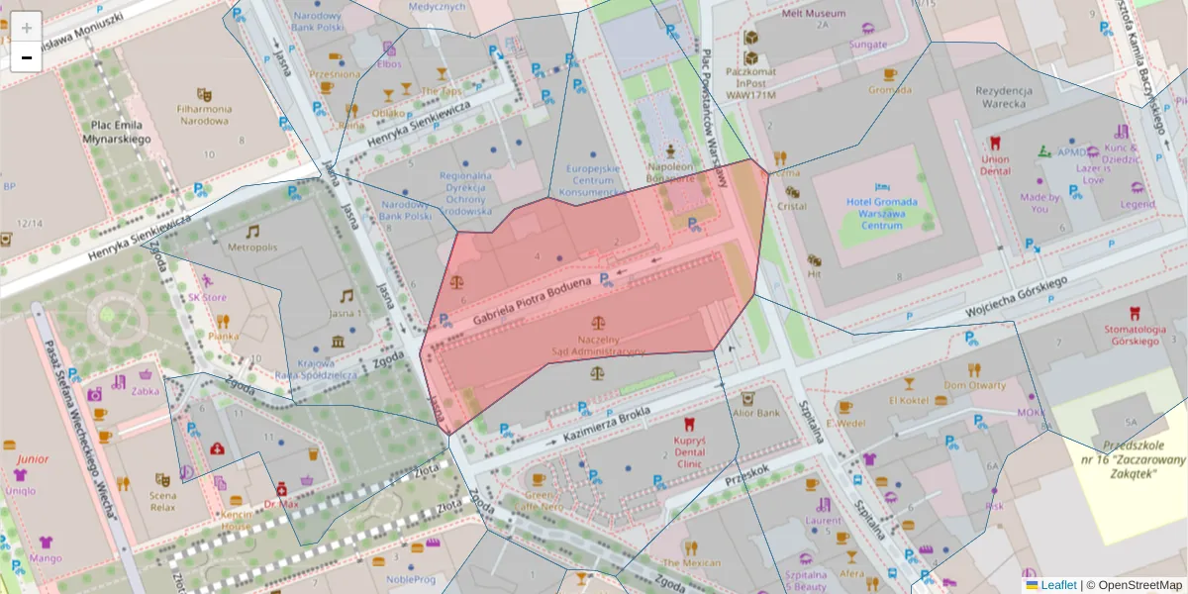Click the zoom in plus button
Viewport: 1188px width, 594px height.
click(27, 28)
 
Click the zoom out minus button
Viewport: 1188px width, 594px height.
click(27, 57)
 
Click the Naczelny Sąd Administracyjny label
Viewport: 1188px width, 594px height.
click(598, 346)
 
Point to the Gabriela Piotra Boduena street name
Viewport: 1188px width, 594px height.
click(532, 302)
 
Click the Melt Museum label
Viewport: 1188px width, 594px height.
click(814, 14)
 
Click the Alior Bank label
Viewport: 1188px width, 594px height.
click(756, 412)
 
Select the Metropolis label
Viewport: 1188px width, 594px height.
click(252, 246)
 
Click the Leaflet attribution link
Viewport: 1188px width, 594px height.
click(1057, 585)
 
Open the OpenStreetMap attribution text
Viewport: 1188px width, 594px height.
click(1138, 585)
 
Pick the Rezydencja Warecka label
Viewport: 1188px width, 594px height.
click(1004, 97)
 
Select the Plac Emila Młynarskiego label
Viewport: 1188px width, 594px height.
click(117, 133)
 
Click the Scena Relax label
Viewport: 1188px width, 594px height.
click(163, 501)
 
